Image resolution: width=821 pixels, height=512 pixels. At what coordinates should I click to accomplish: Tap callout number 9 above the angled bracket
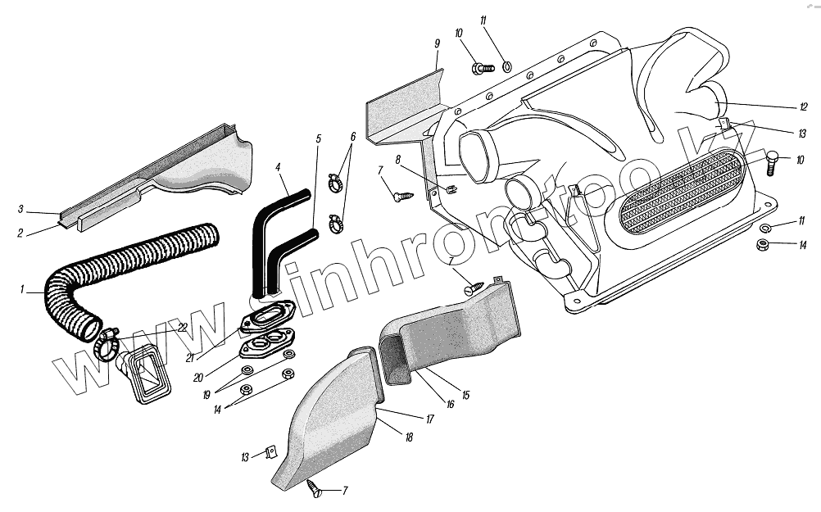point(437,43)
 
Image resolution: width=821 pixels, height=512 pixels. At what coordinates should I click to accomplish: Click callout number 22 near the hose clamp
point(182,328)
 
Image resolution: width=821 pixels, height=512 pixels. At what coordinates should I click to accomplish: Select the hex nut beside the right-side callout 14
point(760,244)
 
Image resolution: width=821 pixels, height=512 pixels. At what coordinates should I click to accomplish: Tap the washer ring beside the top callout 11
point(506,66)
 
